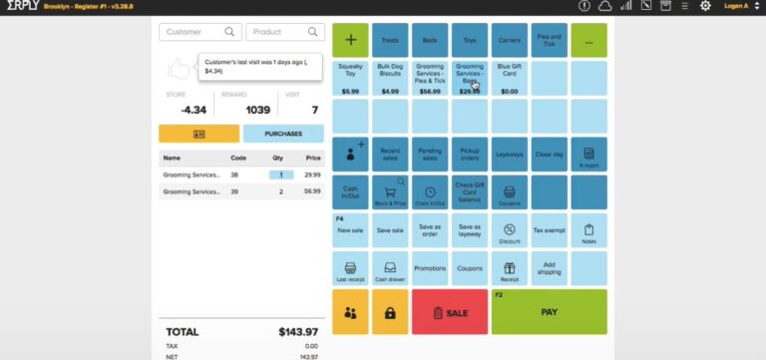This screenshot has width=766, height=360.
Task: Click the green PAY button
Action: pos(549,312)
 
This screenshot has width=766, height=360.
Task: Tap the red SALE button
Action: pos(449,312)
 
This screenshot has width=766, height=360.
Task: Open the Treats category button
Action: pos(390,41)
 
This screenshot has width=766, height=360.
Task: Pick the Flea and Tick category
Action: pos(549,41)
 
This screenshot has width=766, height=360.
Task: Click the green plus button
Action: pos(350,41)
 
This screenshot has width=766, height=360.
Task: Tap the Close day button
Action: pos(549,155)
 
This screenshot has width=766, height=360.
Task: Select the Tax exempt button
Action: pos(549,230)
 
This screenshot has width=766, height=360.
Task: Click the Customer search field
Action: pos(198,32)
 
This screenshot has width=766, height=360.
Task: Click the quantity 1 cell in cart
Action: pos(281,175)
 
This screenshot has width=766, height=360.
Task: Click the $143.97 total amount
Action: pos(298,331)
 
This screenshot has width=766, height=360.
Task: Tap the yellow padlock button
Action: pos(390,312)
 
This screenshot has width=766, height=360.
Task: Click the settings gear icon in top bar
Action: pos(705,6)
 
